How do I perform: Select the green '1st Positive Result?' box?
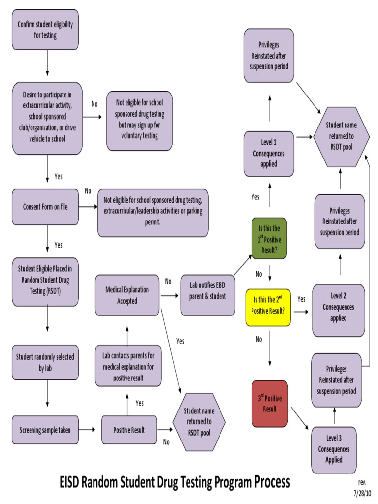pos(269,239)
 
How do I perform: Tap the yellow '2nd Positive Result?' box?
pos(268,308)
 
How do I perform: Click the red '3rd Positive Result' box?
pos(270,403)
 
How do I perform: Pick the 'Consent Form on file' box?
pos(45,207)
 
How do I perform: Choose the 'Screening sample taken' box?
pos(45,430)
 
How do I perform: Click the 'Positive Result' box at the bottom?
pos(129,430)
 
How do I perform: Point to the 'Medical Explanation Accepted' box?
pos(127,295)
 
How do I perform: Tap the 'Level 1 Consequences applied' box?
pos(269,154)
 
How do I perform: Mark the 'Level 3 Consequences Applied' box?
pos(334,449)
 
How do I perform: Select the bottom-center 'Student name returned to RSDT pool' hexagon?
pos(199,422)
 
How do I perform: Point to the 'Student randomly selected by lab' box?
pos(45,362)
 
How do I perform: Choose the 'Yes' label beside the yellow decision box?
pos(301,299)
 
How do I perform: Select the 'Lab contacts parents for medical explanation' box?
pos(128,367)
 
